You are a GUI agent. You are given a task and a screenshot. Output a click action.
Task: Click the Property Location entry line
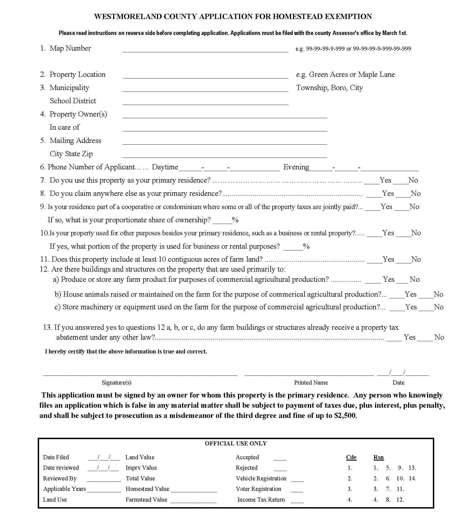point(205,76)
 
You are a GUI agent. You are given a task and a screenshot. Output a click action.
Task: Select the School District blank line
point(205,102)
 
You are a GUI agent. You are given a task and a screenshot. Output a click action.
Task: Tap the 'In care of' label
point(64,127)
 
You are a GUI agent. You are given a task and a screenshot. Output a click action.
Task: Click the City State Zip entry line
point(224,155)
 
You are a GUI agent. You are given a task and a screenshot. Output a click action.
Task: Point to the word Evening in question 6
point(296,167)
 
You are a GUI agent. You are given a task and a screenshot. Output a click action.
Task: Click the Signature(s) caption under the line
point(116,382)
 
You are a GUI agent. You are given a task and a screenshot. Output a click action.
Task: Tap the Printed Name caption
point(311,382)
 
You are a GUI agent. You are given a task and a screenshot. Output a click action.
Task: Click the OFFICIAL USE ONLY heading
point(236,444)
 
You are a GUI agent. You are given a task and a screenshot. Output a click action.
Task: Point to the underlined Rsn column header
point(378,457)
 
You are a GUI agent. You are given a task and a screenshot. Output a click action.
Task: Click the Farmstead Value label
point(146,499)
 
